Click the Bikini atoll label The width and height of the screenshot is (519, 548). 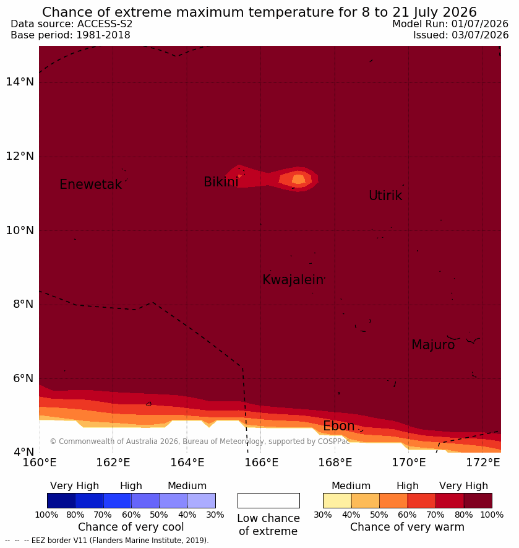[x=221, y=181]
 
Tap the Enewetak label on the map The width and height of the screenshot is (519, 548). [x=91, y=184]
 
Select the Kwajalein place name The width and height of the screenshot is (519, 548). [x=293, y=280]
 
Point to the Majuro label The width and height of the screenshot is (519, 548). [x=433, y=345]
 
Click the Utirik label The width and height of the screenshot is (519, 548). [x=385, y=196]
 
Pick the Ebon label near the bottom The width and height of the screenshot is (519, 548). [x=339, y=426]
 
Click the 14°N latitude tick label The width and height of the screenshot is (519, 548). [x=20, y=82]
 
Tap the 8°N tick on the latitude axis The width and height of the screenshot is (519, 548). [x=24, y=304]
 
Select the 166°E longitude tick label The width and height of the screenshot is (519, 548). [x=261, y=463]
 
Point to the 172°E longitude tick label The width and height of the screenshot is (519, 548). [x=483, y=463]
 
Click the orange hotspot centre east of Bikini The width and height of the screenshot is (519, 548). [x=298, y=180]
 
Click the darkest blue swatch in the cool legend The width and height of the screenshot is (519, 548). [x=61, y=500]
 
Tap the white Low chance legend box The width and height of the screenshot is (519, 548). [x=268, y=500]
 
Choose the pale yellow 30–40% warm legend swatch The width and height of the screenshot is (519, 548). [x=337, y=500]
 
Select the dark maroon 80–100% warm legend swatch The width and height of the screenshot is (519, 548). [x=478, y=500]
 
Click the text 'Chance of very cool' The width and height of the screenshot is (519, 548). [x=131, y=527]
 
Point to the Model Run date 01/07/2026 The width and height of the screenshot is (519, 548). [x=479, y=24]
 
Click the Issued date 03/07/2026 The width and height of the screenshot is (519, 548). [x=480, y=35]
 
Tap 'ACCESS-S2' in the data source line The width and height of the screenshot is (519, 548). [x=105, y=24]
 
